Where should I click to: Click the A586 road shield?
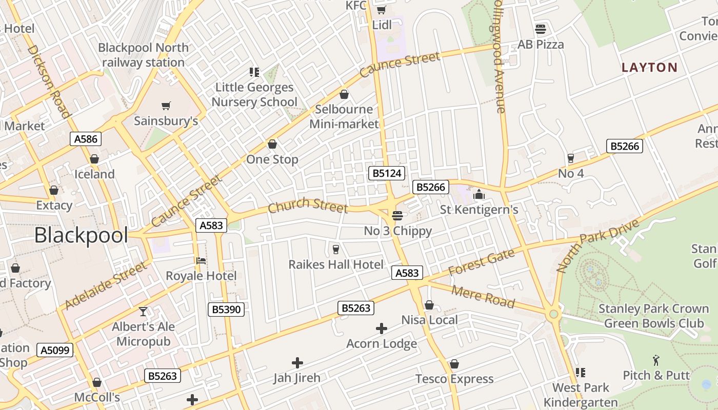pyautogui.click(x=86, y=138)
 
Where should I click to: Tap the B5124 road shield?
pyautogui.click(x=387, y=173)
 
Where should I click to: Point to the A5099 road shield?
pyautogui.click(x=55, y=350)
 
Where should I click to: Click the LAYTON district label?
pyautogui.click(x=649, y=67)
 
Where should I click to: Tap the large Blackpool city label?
pyautogui.click(x=81, y=235)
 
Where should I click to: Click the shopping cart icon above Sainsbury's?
pyautogui.click(x=166, y=106)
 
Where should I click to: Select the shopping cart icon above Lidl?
pyautogui.click(x=381, y=10)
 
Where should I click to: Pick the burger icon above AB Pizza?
pyautogui.click(x=540, y=29)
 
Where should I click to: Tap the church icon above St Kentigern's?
pyautogui.click(x=479, y=194)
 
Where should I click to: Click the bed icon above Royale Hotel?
pyautogui.click(x=201, y=260)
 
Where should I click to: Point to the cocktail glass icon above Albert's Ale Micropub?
pyautogui.click(x=143, y=311)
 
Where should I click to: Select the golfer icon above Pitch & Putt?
pyautogui.click(x=656, y=360)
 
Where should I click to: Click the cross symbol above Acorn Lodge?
pyautogui.click(x=382, y=329)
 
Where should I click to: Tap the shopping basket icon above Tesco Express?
pyautogui.click(x=454, y=364)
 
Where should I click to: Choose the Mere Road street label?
pyautogui.click(x=483, y=296)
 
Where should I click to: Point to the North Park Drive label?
pyautogui.click(x=597, y=245)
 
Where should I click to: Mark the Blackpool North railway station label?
pyautogui.click(x=143, y=55)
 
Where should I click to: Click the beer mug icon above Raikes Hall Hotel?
pyautogui.click(x=336, y=249)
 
